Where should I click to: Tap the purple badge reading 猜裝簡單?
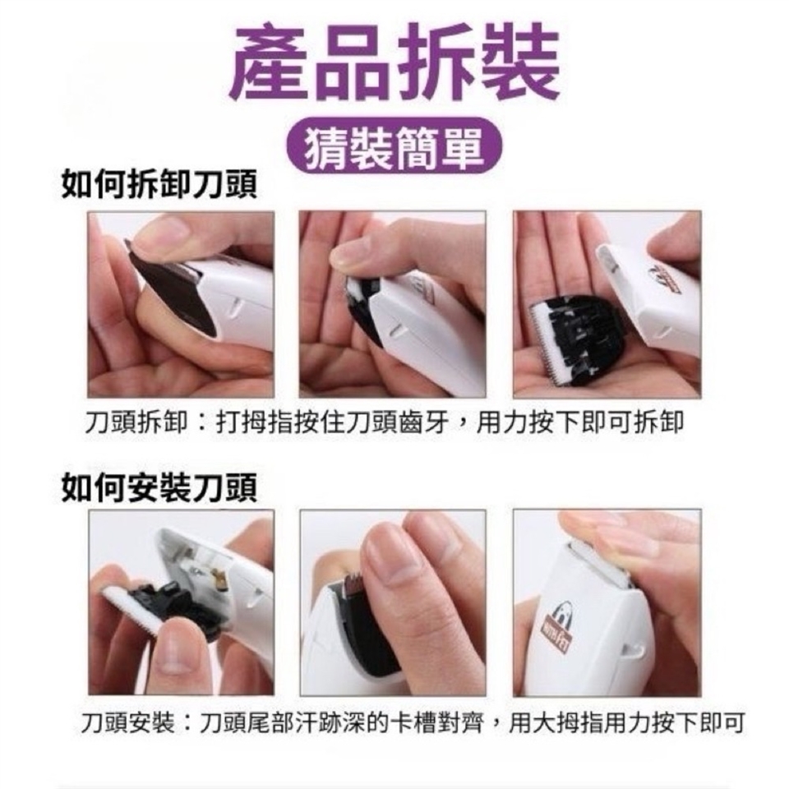coord(394,145)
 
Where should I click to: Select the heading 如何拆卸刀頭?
coord(159,185)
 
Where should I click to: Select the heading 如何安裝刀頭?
coord(159,487)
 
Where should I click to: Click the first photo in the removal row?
coord(181,304)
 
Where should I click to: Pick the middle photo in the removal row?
coord(393,304)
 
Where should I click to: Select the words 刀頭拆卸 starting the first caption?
coord(136,422)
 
